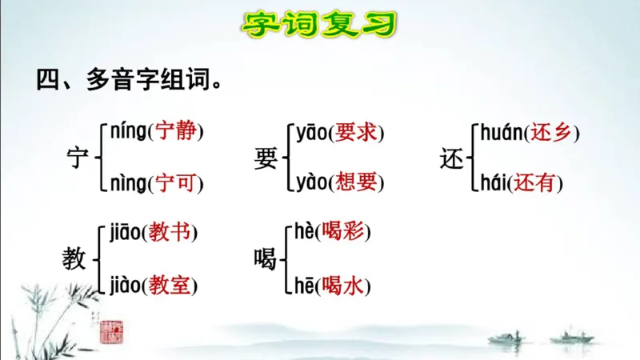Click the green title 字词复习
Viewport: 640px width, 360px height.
(x=320, y=25)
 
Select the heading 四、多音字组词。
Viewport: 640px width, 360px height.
(x=128, y=80)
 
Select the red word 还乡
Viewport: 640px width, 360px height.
(x=551, y=132)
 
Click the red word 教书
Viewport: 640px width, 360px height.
(x=170, y=233)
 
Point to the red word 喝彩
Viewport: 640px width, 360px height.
(x=342, y=233)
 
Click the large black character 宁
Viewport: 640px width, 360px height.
(x=78, y=158)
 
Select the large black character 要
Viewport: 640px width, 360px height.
(x=265, y=158)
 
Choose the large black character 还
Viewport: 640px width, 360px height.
(x=452, y=158)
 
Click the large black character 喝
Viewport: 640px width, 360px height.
(x=265, y=258)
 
